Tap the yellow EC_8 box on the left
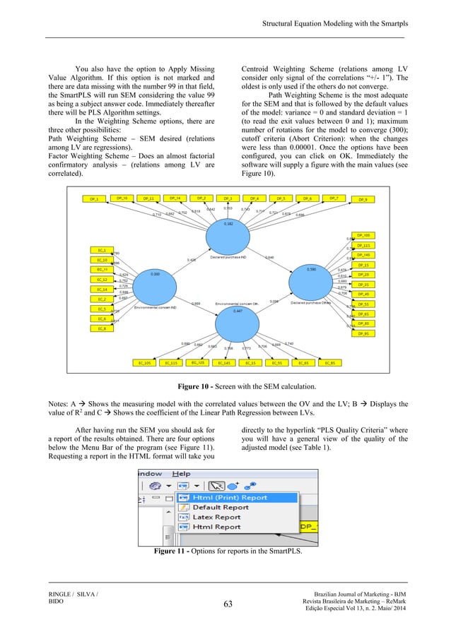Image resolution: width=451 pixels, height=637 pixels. [x=102, y=329]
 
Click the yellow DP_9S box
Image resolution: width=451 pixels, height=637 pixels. [x=363, y=333]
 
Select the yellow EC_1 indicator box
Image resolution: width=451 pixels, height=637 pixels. [x=102, y=250]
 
